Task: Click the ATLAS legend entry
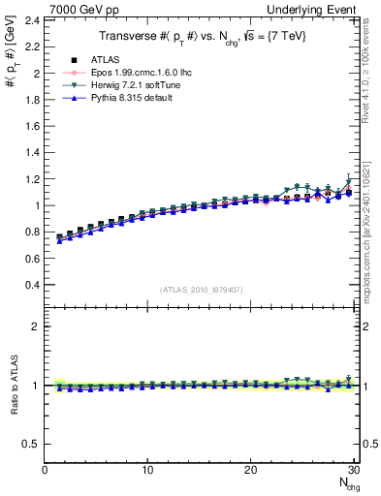click(105, 60)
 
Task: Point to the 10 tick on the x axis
click(147, 470)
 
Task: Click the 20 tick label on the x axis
click(250, 470)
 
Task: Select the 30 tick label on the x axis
click(353, 470)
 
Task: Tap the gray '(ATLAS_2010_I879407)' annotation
click(201, 289)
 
